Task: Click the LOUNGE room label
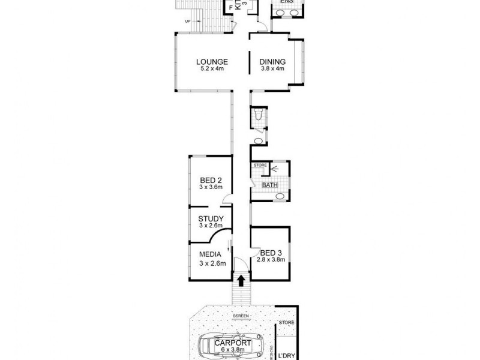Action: tap(211, 61)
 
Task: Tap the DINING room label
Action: tap(272, 61)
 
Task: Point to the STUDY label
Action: tap(211, 218)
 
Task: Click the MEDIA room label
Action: tap(211, 254)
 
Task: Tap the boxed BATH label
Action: tap(269, 185)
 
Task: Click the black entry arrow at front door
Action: tap(241, 280)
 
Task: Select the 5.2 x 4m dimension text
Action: tap(211, 68)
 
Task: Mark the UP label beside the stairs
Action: tap(188, 22)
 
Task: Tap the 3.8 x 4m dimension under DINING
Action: tap(272, 68)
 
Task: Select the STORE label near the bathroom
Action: tap(260, 165)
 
